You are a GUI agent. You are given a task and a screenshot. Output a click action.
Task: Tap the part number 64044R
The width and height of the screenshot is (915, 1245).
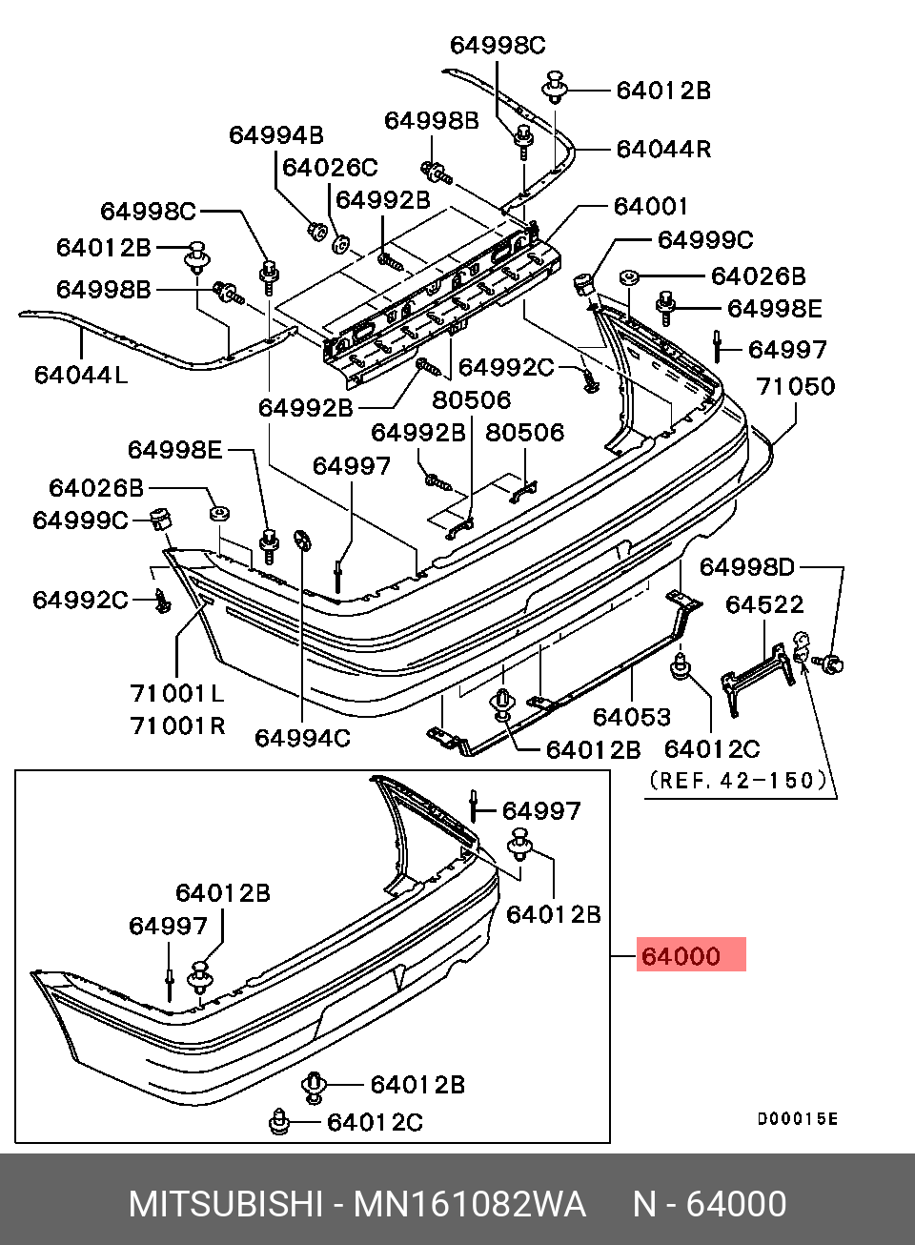coord(663,149)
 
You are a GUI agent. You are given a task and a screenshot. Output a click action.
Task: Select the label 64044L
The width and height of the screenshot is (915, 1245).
coord(80,375)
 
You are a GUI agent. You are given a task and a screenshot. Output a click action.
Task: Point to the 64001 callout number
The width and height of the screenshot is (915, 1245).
coord(650,206)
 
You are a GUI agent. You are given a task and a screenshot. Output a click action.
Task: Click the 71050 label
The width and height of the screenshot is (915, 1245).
coord(795,386)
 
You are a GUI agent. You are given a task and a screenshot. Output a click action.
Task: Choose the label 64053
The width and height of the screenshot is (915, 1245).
coord(631,716)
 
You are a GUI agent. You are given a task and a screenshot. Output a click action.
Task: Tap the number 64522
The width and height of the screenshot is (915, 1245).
coord(763,604)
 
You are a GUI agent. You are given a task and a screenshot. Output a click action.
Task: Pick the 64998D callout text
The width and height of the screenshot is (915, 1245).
coord(746,567)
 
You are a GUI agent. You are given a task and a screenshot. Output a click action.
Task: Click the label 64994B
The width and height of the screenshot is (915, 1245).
coord(275,135)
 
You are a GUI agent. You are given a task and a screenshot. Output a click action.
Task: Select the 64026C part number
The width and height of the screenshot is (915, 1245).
coord(330,168)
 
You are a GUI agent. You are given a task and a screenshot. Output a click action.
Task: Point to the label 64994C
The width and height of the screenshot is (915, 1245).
coord(302,738)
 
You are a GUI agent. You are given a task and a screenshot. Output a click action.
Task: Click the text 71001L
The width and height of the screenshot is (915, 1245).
coord(177,693)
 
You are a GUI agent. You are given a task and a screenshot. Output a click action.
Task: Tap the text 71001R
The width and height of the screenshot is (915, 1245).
coord(177,725)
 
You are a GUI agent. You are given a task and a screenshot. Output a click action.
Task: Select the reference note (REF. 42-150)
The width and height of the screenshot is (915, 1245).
coord(737,780)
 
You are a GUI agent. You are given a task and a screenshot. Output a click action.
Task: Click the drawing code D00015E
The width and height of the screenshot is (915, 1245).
coord(797,1118)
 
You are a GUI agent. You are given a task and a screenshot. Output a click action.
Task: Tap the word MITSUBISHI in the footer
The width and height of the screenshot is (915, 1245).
coord(226,1204)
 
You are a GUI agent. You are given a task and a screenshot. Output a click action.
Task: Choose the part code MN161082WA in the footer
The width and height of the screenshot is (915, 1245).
coord(469,1204)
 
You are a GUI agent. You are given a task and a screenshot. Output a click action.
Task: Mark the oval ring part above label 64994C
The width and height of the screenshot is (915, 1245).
coord(302,540)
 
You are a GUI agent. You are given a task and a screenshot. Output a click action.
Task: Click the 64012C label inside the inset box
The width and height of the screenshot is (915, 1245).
coord(375,1122)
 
